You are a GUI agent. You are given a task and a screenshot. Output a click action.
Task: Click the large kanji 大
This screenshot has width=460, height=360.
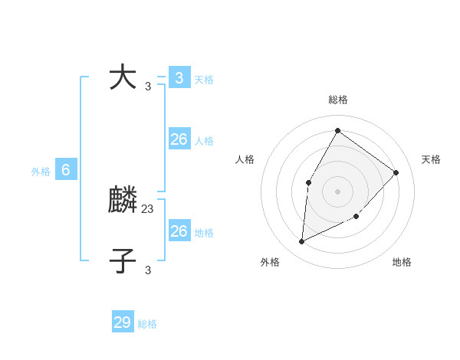[123, 77]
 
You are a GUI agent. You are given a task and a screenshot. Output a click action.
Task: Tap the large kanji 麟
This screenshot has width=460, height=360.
[123, 201]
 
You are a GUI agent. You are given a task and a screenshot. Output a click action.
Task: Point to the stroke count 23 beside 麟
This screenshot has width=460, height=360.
[148, 208]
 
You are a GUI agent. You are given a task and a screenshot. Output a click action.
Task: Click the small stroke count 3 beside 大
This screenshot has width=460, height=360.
[148, 86]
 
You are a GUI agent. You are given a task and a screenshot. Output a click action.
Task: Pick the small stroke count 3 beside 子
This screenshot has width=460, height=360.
[148, 270]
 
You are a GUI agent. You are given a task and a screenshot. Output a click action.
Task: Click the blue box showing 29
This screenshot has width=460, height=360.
[123, 322]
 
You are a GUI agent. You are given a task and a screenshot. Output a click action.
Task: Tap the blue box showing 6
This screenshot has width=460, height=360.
[66, 170]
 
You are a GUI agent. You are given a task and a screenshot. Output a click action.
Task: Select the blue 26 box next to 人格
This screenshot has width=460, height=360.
[179, 139]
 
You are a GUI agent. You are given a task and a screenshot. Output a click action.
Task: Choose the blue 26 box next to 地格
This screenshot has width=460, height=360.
[179, 231]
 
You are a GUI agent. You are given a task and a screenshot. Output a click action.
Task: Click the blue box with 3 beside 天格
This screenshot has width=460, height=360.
[179, 77]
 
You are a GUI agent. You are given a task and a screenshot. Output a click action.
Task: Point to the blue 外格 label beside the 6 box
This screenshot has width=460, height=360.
[41, 172]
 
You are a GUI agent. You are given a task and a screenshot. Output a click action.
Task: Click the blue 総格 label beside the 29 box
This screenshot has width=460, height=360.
[147, 324]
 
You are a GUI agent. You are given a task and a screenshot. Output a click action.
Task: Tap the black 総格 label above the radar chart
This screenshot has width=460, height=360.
[337, 100]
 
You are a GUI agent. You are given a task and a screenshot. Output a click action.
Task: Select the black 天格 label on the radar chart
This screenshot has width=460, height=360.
[431, 159]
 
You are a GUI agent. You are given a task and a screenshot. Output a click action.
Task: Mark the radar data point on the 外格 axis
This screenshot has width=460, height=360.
[301, 242]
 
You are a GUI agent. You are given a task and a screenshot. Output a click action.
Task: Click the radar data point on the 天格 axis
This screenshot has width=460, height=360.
[396, 172]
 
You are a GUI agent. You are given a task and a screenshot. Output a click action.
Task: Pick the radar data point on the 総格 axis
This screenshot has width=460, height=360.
[337, 130]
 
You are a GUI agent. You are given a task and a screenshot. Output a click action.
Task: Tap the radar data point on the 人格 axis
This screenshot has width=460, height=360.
[308, 182]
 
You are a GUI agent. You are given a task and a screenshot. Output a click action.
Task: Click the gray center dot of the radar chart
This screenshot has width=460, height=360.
[337, 191]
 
